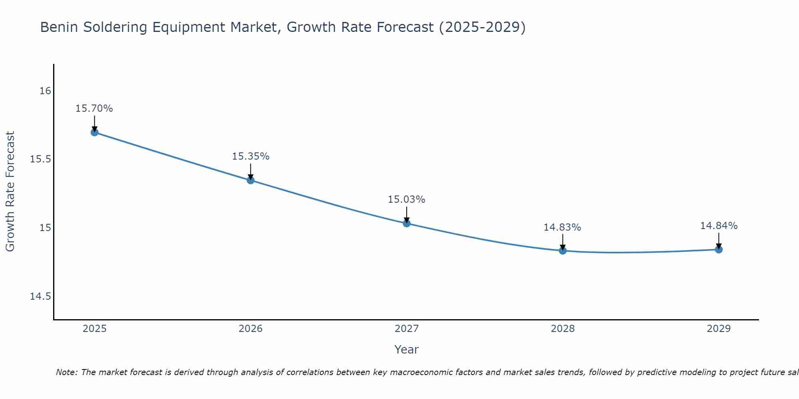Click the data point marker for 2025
click(x=94, y=132)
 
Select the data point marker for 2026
click(x=250, y=180)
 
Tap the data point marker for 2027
click(x=407, y=223)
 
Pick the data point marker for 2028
click(x=562, y=251)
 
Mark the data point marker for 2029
click(x=719, y=249)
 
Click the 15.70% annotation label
click(x=94, y=109)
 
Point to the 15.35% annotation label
click(x=250, y=156)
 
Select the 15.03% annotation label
click(x=407, y=199)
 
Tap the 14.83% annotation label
click(x=562, y=227)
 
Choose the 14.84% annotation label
click(x=719, y=226)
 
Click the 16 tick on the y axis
click(x=45, y=91)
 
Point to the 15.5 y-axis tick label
click(x=41, y=159)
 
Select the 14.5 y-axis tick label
click(x=41, y=296)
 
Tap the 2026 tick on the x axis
click(x=250, y=329)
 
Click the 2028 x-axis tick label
click(x=562, y=329)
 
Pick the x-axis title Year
click(x=406, y=350)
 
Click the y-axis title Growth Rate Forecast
click(x=10, y=192)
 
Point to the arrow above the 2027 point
click(x=407, y=215)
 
